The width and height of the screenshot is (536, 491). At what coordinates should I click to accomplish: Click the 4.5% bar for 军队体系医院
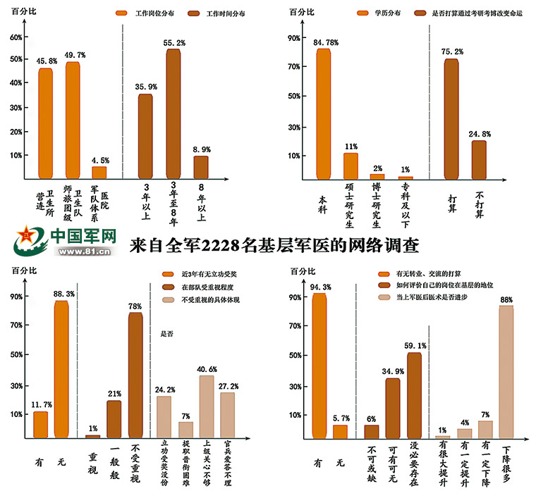tap(99, 172)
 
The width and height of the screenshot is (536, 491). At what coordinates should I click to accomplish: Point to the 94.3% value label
tap(322, 287)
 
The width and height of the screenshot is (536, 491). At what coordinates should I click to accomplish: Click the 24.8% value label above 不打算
tap(480, 134)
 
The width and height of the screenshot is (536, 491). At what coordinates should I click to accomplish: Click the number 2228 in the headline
tap(221, 246)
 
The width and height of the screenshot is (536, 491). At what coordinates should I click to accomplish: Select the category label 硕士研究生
tap(350, 205)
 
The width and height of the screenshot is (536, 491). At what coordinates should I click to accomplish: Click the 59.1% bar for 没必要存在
tap(414, 395)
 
